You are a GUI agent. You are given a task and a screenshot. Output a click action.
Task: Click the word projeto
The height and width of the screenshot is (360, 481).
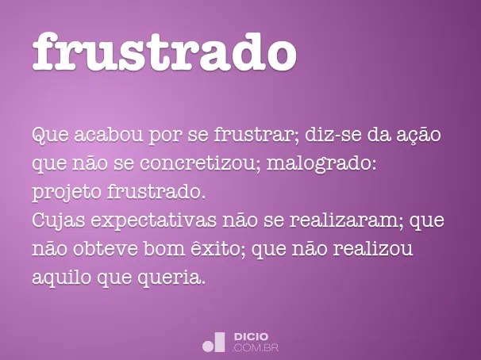[63, 193]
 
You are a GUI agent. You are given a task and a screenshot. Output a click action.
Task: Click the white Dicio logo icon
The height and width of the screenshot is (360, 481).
[214, 342]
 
